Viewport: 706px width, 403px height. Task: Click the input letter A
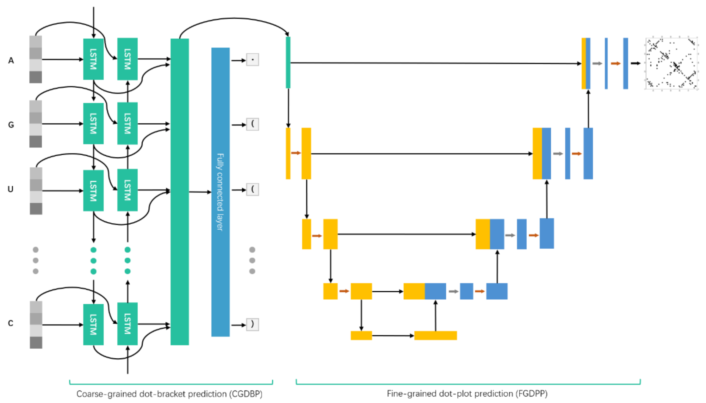11,60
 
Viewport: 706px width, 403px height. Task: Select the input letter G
11,125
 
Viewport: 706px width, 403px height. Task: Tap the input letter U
10,189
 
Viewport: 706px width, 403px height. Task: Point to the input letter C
10,323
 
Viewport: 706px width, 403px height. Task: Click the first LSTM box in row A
93,59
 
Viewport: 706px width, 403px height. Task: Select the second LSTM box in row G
127,123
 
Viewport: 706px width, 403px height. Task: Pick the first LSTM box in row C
93,324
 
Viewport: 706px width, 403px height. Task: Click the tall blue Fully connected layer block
220,192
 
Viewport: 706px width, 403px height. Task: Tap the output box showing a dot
252,60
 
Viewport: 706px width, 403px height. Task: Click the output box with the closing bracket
252,325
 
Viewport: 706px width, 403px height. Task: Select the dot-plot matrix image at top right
671,64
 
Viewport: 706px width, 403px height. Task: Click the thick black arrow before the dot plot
635,63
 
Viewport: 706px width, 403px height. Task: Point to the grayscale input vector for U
36,191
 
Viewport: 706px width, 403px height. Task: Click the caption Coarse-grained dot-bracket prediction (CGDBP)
170,394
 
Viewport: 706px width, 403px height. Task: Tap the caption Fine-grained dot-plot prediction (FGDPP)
467,394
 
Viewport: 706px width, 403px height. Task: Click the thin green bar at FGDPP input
288,62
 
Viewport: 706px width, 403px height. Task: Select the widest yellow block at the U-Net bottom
436,335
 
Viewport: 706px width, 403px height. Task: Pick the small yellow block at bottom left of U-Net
361,335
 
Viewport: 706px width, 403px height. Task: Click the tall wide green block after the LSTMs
180,192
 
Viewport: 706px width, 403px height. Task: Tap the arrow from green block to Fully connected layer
200,192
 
